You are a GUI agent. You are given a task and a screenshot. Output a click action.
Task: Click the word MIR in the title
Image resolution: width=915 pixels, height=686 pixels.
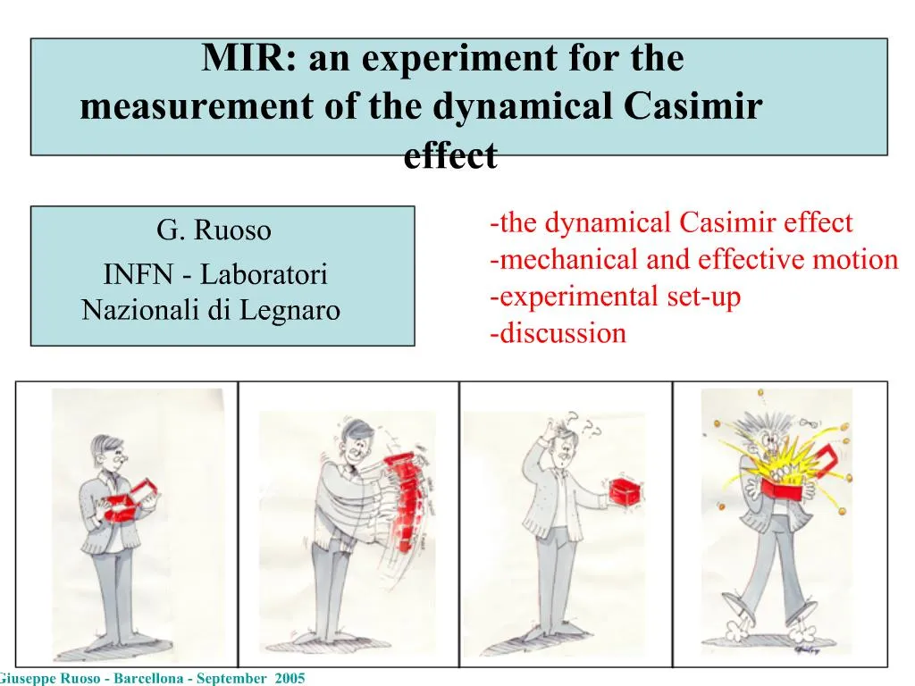[236, 60]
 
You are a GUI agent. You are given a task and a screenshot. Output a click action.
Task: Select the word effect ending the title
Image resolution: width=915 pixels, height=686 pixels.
[449, 156]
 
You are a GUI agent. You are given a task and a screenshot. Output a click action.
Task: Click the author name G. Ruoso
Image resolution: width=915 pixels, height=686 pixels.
[214, 230]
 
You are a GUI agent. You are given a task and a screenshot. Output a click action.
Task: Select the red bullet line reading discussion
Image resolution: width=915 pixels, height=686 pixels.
[558, 334]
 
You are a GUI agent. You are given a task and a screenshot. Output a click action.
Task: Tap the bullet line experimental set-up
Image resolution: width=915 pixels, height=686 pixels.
[616, 297]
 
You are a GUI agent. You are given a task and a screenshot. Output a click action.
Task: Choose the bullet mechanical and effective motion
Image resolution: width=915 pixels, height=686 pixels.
[694, 259]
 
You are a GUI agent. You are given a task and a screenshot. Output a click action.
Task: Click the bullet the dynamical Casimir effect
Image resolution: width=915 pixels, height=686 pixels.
[671, 222]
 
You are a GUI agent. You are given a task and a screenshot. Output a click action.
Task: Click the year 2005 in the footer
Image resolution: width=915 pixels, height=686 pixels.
[290, 679]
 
